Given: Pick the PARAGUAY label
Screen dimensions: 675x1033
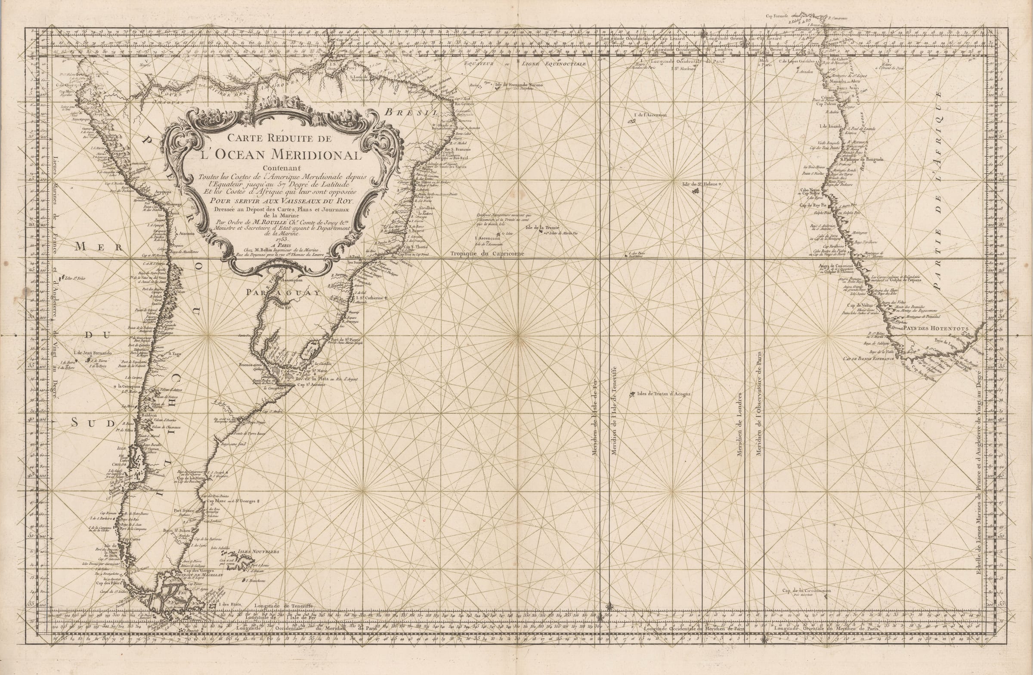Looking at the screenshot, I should [282, 293].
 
